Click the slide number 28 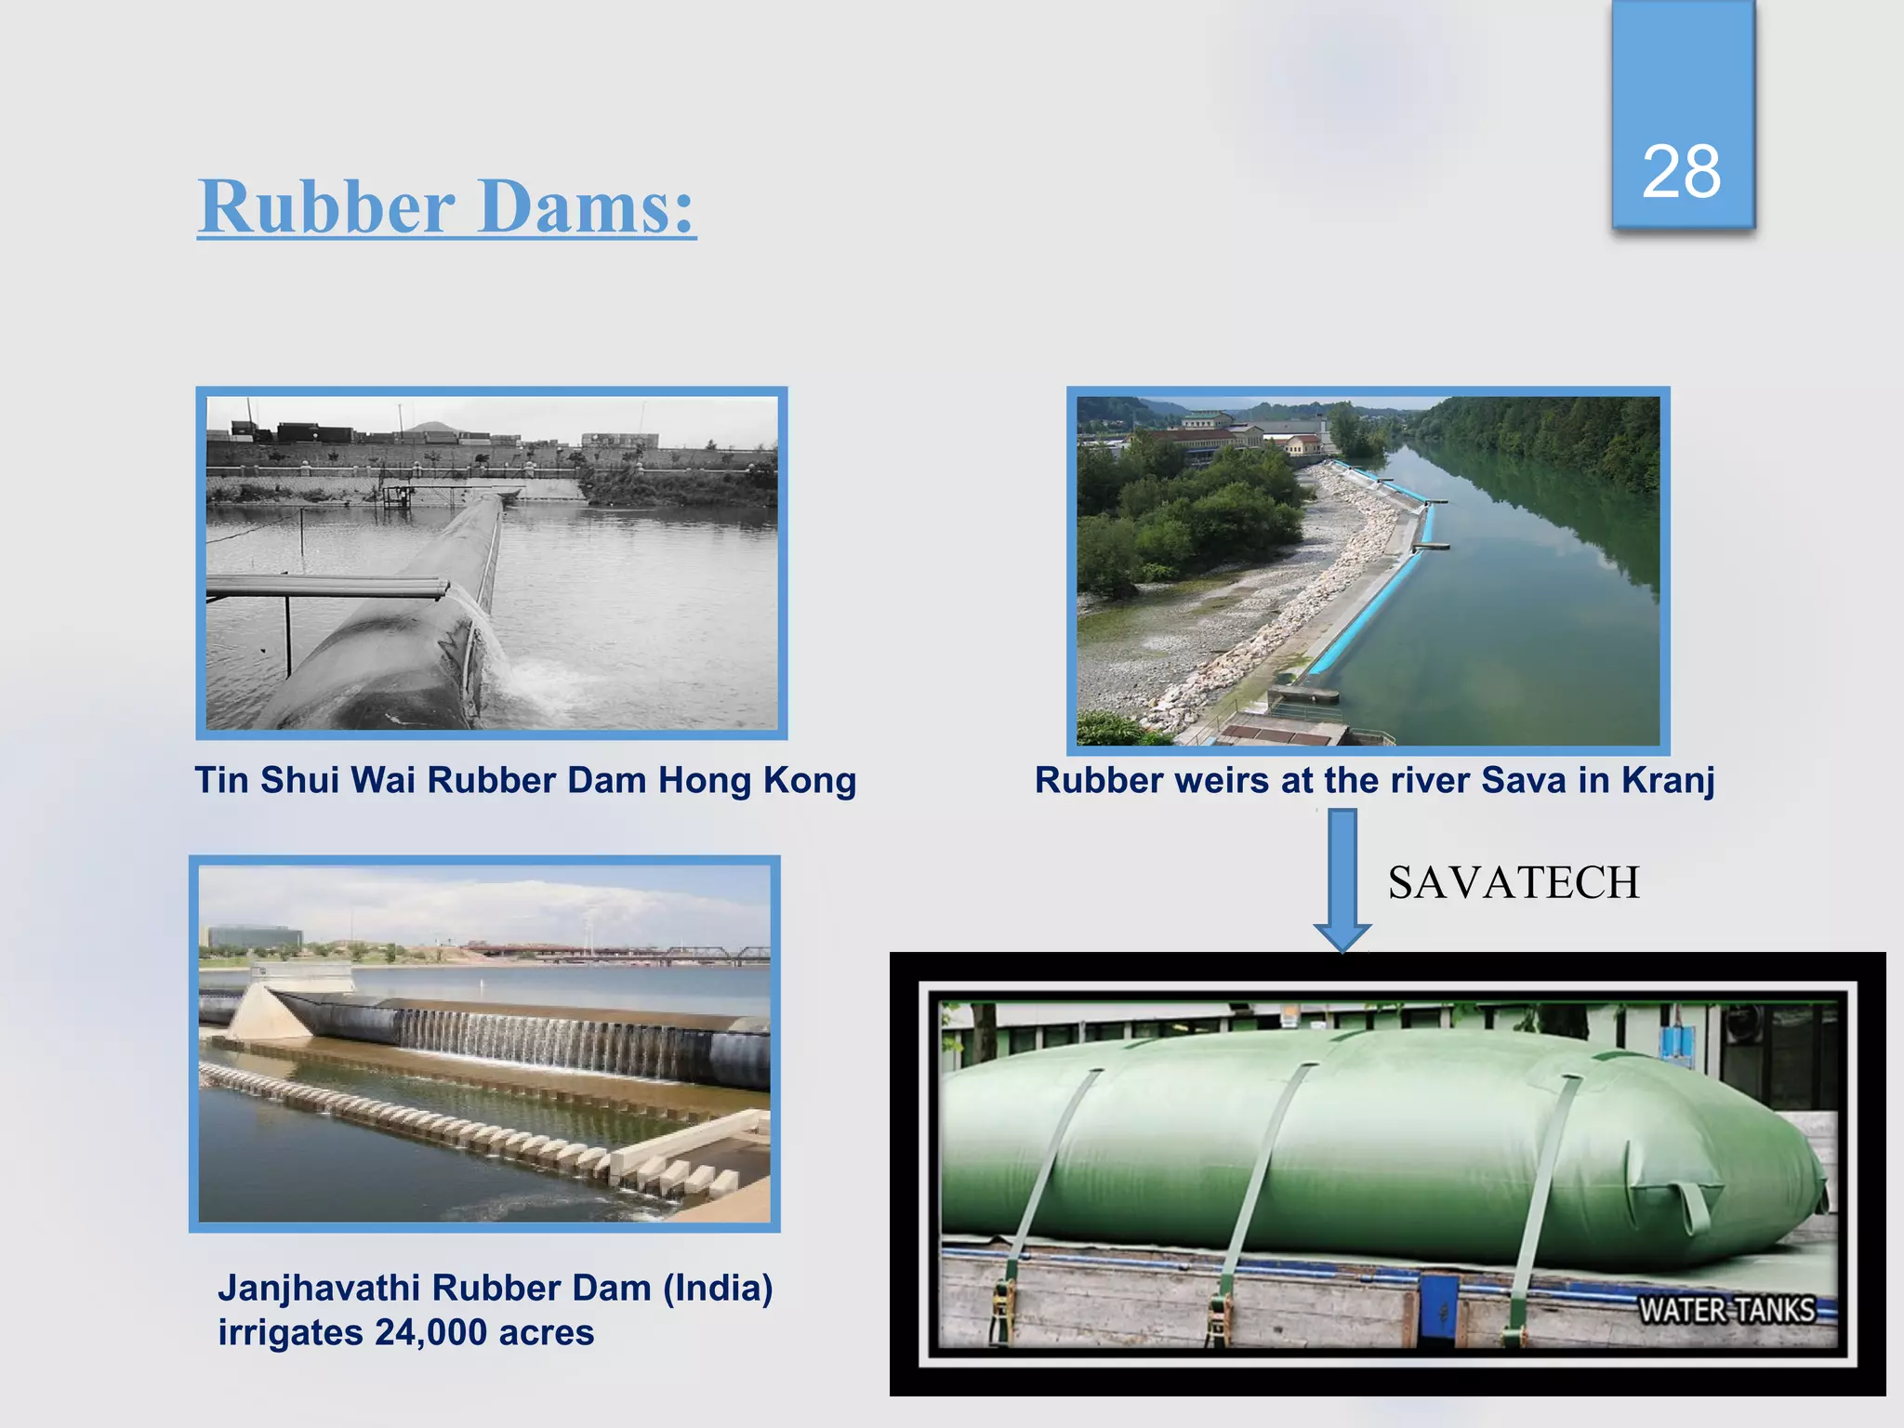tap(1681, 173)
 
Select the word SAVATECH tap(1514, 882)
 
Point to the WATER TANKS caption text tap(1726, 1310)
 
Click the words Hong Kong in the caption tap(757, 781)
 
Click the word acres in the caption tap(547, 1333)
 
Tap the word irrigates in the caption tap(290, 1333)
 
